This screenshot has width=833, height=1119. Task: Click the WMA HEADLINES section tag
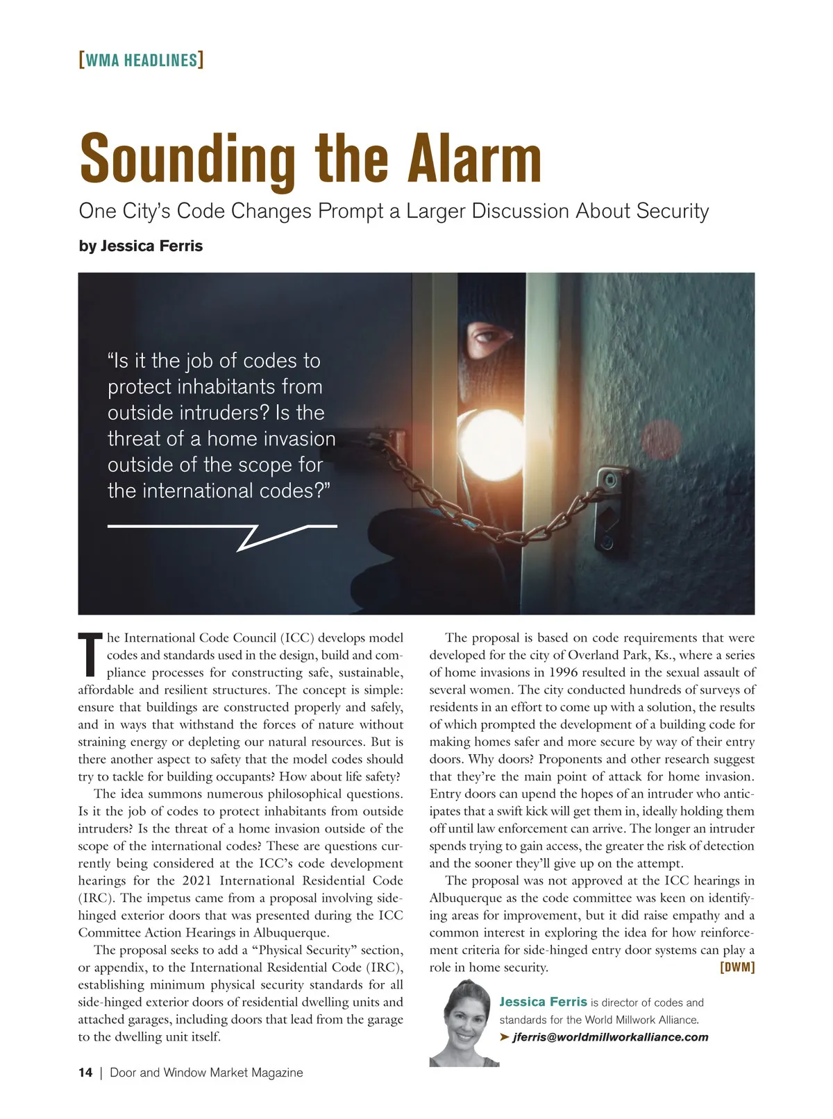tap(141, 60)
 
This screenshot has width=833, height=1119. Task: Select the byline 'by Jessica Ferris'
tap(141, 246)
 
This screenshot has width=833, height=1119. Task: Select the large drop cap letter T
tap(90, 654)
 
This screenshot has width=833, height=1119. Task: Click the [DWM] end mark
tap(737, 967)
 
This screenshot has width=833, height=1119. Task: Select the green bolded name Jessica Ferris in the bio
tap(543, 1002)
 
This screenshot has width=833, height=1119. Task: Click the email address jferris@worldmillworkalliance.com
tap(610, 1037)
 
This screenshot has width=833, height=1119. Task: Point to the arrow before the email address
tap(505, 1037)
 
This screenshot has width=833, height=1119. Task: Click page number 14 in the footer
tap(85, 1073)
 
